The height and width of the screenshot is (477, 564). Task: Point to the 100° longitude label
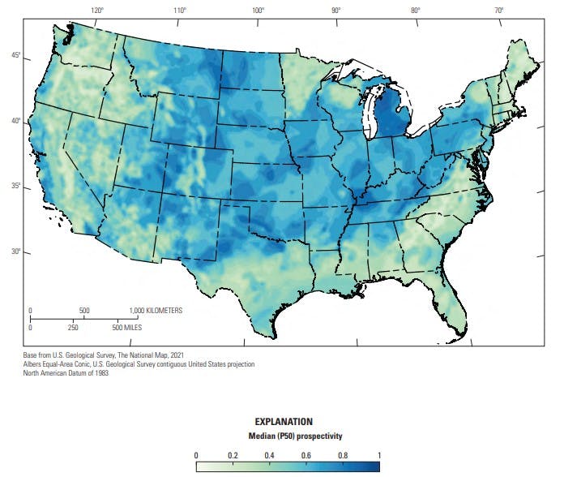pyautogui.click(x=258, y=11)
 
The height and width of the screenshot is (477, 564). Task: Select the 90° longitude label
pyautogui.click(x=335, y=11)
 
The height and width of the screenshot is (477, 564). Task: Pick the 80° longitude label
pyautogui.click(x=415, y=11)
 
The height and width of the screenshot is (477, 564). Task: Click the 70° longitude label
pyautogui.click(x=499, y=11)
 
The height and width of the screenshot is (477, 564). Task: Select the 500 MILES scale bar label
pyautogui.click(x=130, y=327)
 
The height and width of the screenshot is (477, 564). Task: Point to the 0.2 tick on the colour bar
pyautogui.click(x=233, y=455)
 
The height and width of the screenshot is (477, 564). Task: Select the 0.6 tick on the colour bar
pyautogui.click(x=306, y=455)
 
